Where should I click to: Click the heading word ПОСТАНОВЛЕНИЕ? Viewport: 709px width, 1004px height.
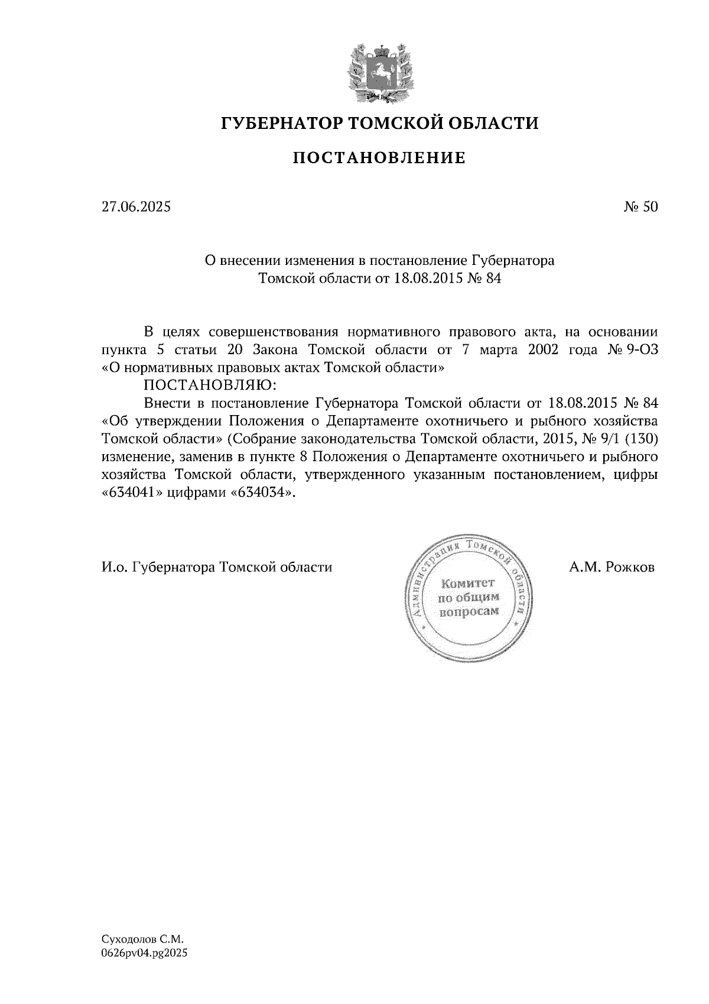380,158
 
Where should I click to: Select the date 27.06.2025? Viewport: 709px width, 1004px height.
136,207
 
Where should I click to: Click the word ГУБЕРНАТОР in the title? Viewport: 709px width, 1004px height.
281,124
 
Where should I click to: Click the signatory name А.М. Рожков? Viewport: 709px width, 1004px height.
612,568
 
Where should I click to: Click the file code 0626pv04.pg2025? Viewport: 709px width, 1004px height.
145,953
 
